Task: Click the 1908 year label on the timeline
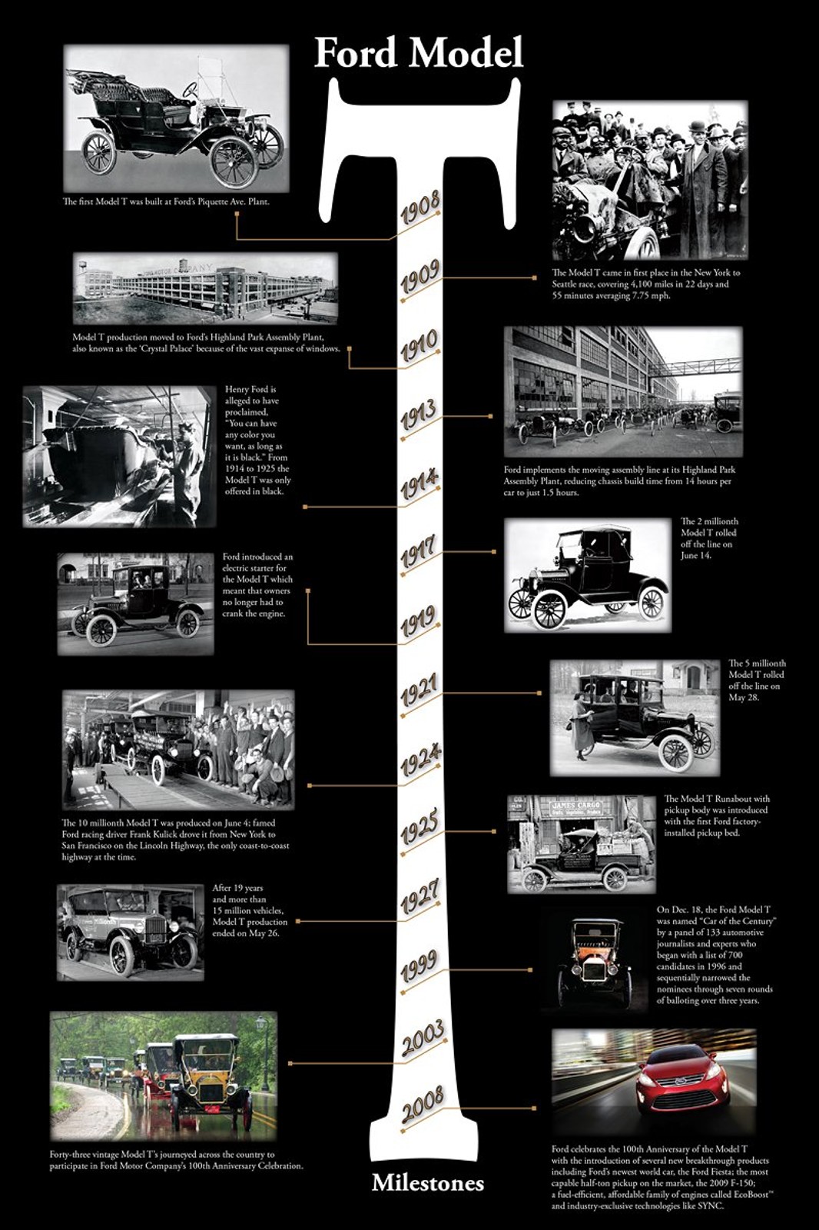point(419,208)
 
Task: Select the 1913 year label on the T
point(419,416)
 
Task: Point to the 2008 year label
point(423,1105)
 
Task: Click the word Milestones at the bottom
point(427,1183)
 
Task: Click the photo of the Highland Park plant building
point(205,289)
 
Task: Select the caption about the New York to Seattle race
point(645,284)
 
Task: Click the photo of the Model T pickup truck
point(582,844)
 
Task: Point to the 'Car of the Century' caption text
point(715,955)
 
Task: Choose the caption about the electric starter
point(257,585)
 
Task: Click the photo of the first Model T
point(176,118)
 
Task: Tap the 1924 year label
point(420,761)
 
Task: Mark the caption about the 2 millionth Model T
point(708,538)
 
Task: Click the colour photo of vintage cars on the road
point(163,1075)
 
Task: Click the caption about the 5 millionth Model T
point(757,680)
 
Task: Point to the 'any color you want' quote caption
point(257,440)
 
